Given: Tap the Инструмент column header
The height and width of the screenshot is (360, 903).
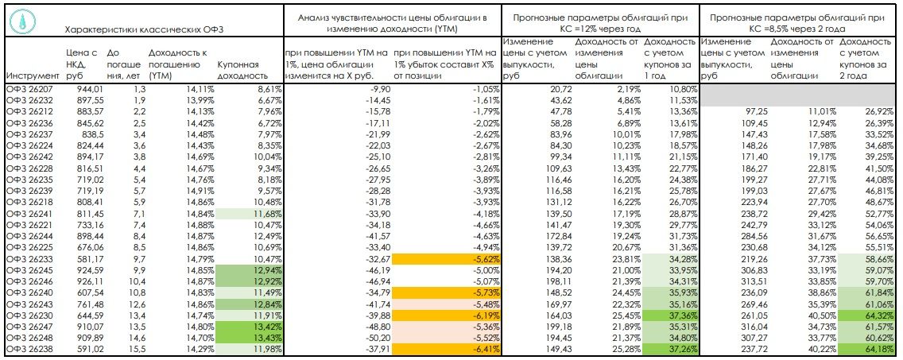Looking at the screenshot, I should point(32,76).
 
